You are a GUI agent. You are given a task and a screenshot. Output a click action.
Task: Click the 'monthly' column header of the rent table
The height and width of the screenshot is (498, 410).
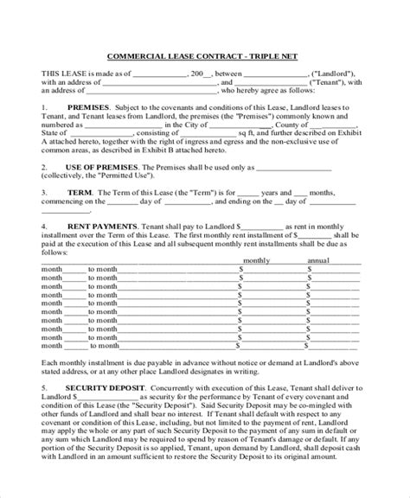(x=257, y=283)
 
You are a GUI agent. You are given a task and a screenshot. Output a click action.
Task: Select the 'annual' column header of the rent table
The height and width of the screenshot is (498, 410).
(x=319, y=283)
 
